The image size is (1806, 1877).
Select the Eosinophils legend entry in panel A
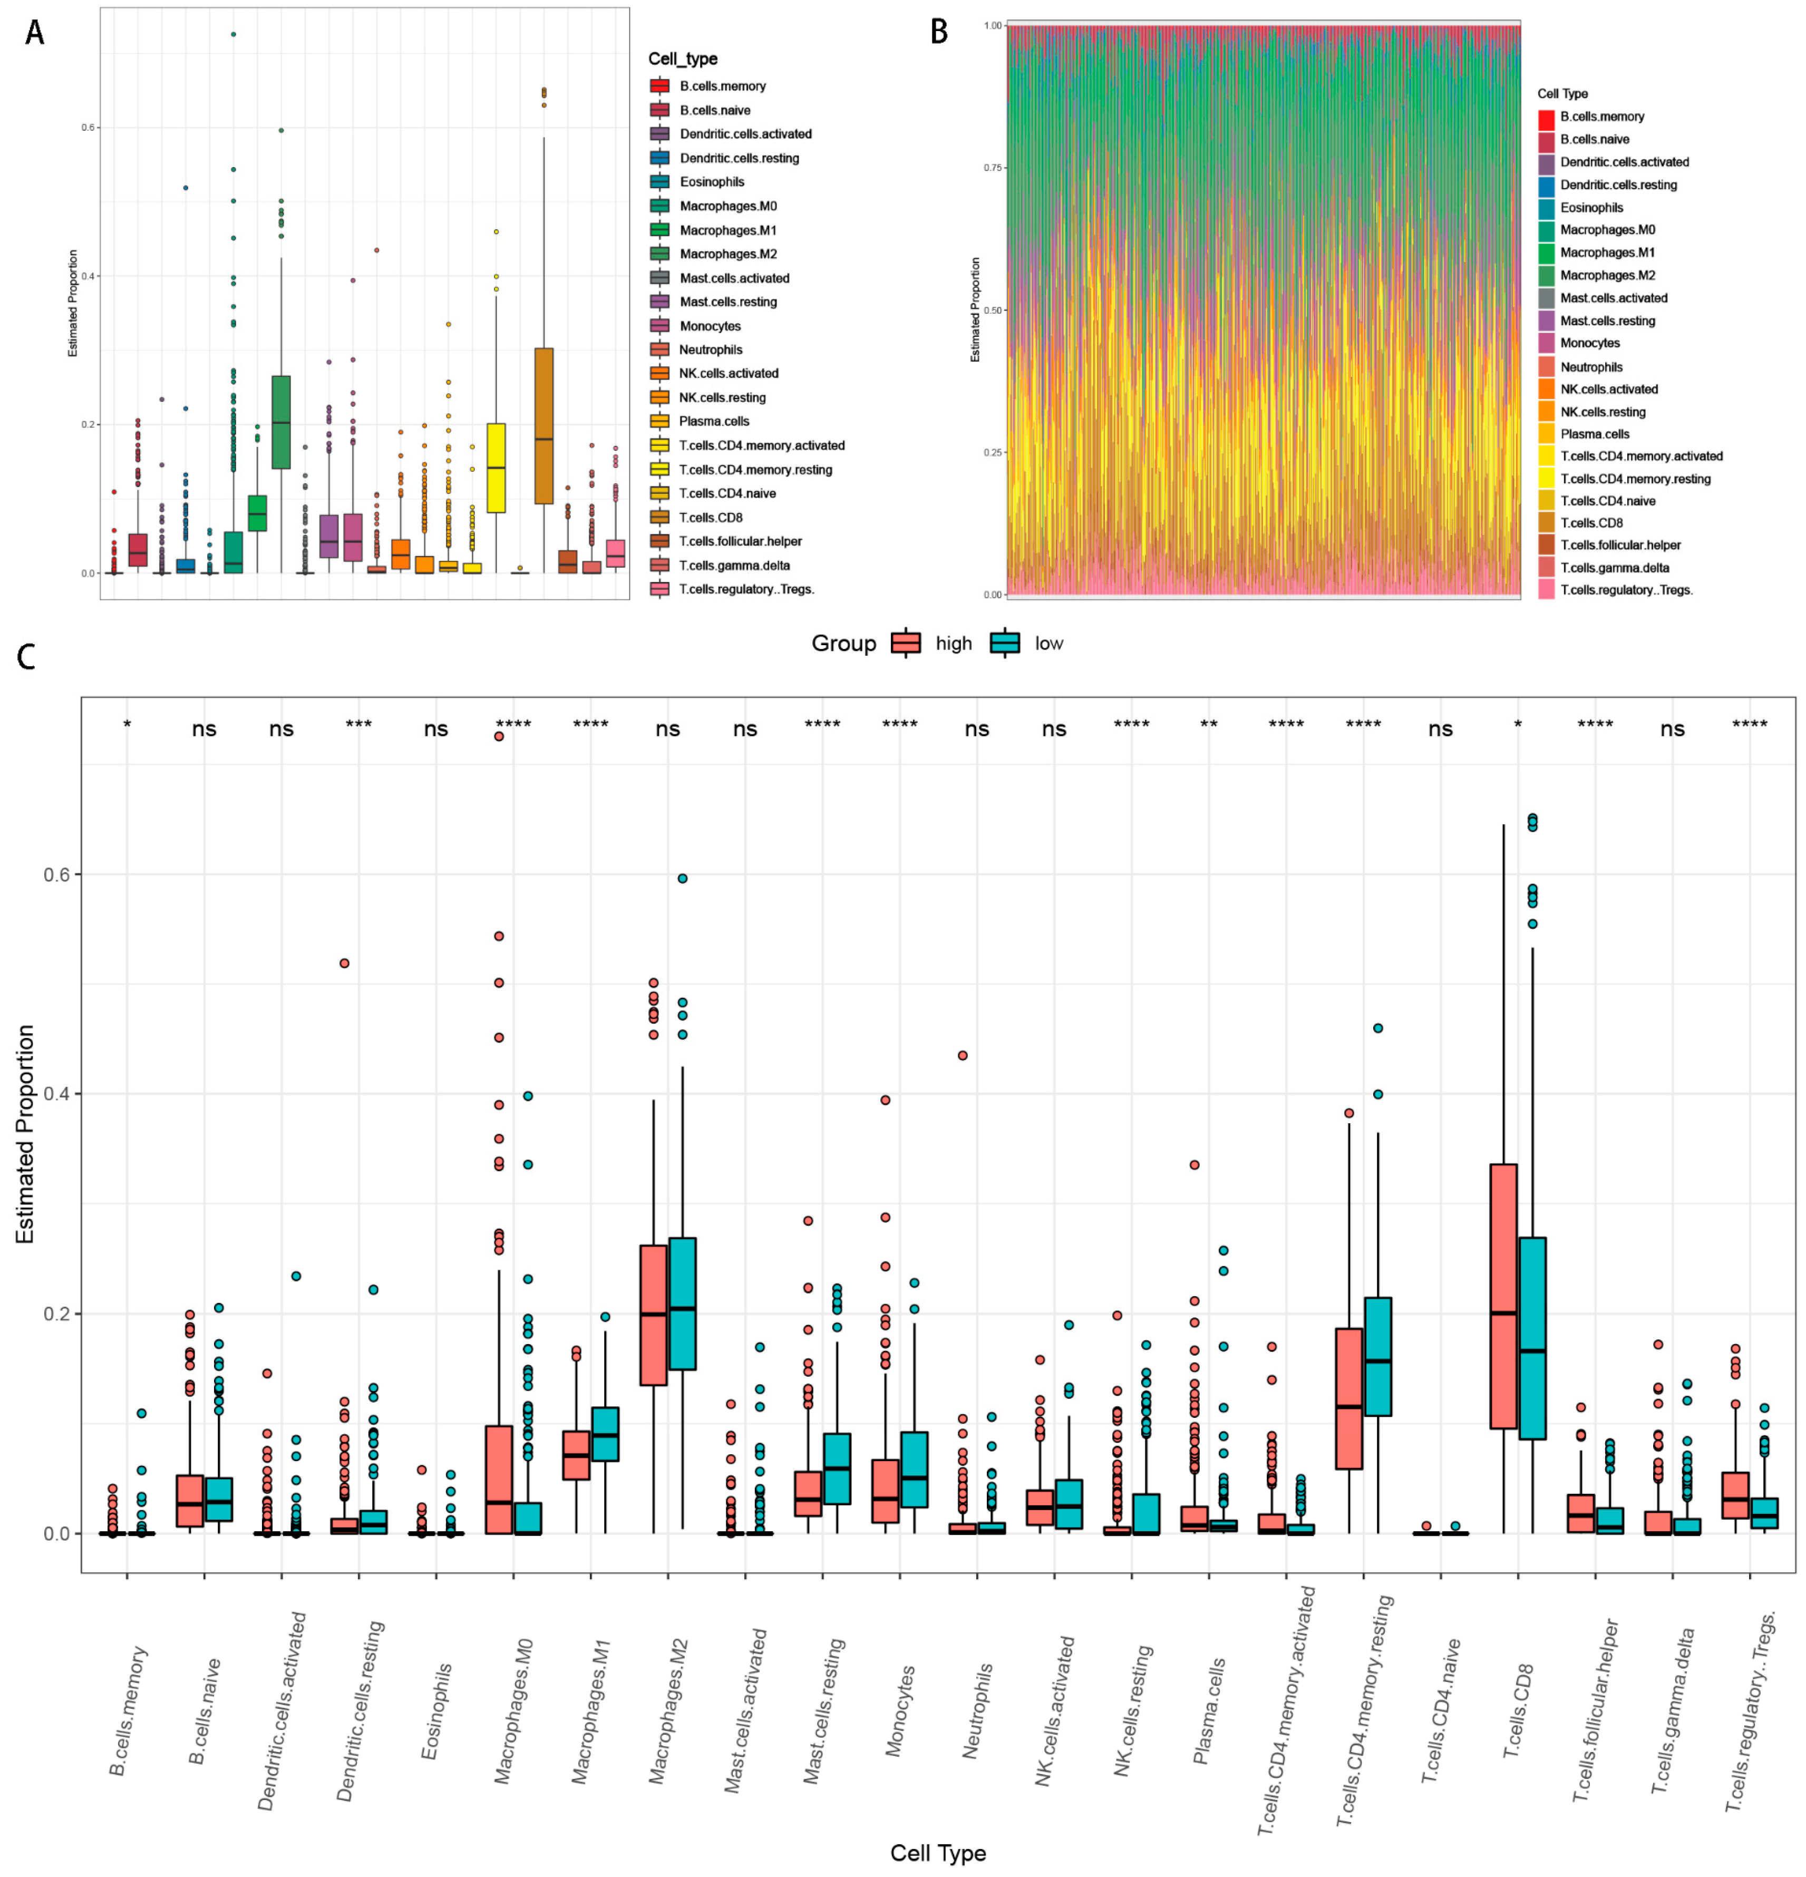point(712,182)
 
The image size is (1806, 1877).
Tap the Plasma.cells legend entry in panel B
point(1595,434)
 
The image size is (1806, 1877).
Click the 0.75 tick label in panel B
point(992,168)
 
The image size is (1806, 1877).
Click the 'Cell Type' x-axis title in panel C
point(937,1852)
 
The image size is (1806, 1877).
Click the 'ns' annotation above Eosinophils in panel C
point(436,730)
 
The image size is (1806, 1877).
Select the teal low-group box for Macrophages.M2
point(683,1302)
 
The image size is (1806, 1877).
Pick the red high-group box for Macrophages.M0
point(499,1480)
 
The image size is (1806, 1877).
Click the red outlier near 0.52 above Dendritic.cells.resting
point(345,964)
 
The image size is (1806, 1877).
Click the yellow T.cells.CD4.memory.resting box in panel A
point(496,468)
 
